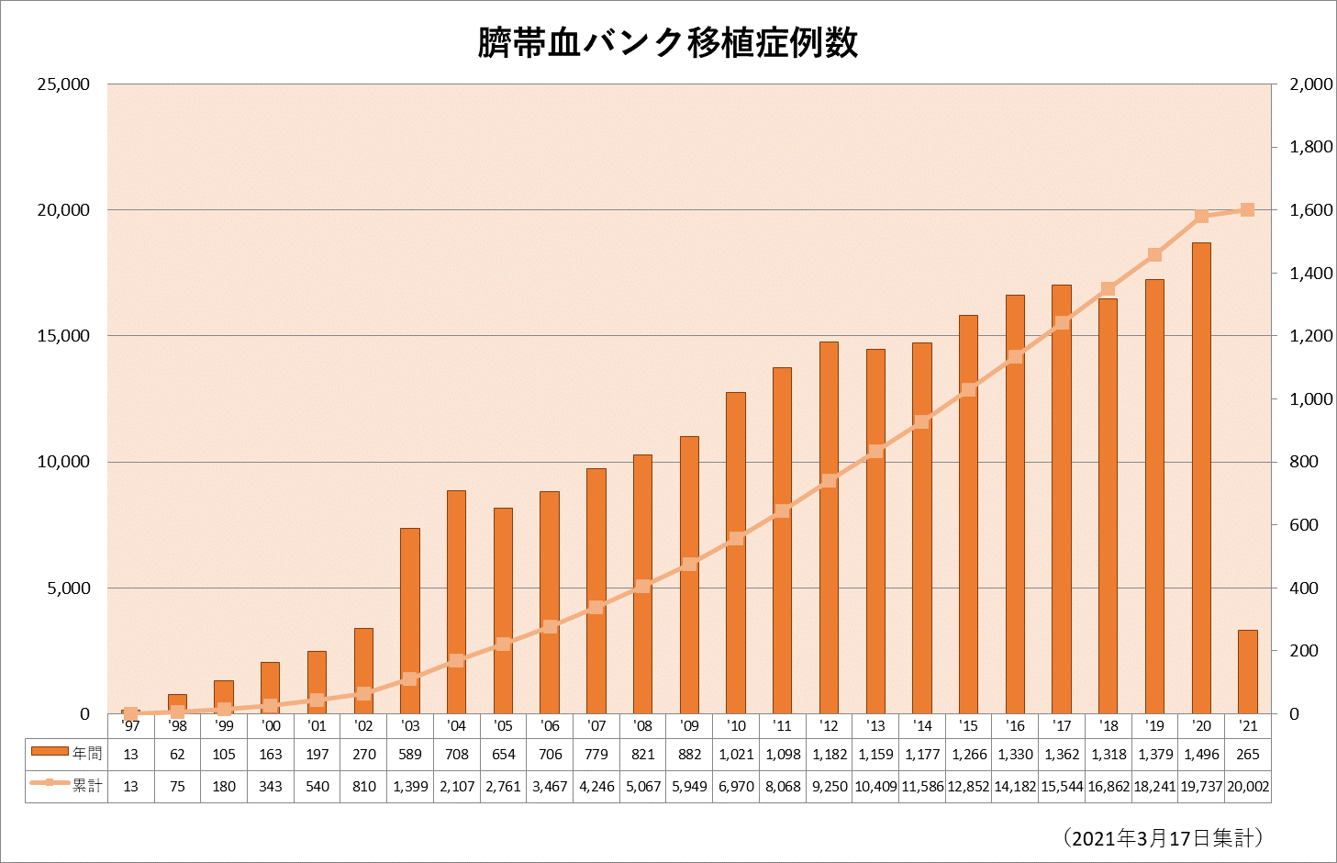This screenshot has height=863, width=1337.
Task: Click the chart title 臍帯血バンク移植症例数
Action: coord(667,43)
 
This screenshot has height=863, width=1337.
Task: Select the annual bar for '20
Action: coord(1201,477)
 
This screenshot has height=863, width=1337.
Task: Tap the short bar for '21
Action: coord(1247,671)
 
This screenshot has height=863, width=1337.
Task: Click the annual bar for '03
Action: coord(410,621)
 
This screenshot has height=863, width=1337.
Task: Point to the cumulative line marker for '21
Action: coord(1247,210)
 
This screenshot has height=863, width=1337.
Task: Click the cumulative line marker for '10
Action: coord(736,539)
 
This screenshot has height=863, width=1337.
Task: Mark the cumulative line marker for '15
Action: coord(968,390)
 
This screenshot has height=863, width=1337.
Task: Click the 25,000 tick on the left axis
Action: coord(63,84)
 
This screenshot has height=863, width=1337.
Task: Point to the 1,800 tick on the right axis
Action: coord(1310,147)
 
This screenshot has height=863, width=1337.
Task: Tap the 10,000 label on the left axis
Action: coord(63,462)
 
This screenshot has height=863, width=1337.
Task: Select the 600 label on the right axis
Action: coord(1304,525)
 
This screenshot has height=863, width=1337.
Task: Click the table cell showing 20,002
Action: coord(1247,786)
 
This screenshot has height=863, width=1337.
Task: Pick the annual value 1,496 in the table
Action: coord(1201,754)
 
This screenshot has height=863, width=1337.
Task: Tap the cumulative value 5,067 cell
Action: coord(642,786)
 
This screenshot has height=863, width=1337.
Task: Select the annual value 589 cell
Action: coord(410,754)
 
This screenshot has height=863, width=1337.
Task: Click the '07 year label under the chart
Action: coord(596,725)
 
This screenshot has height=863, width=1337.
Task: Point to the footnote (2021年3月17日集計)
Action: coord(1163,837)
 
